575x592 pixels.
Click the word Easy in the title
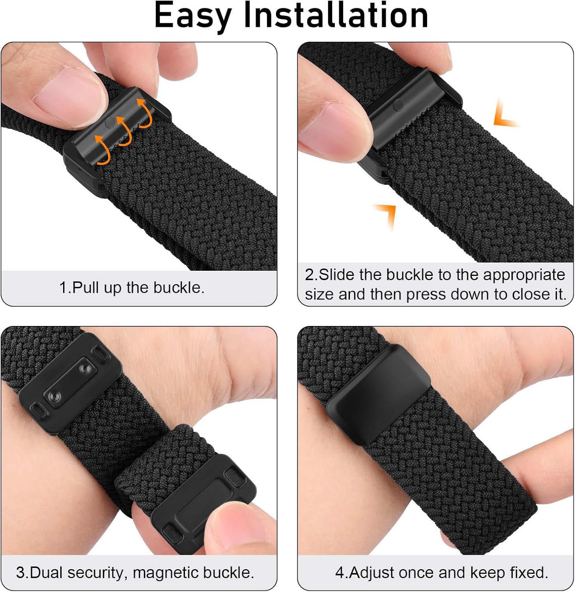(193, 16)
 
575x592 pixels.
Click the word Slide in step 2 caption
(336, 274)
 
